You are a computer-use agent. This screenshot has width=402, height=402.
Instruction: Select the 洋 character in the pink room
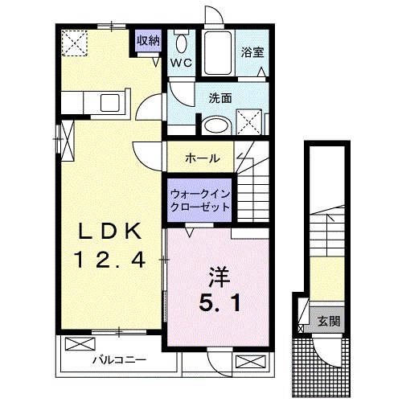click(217, 277)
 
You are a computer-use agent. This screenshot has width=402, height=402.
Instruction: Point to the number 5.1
click(217, 304)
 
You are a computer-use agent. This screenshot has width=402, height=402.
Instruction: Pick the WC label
click(180, 62)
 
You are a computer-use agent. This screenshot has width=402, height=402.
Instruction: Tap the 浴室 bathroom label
click(252, 52)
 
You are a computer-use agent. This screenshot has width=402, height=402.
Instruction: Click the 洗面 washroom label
click(220, 99)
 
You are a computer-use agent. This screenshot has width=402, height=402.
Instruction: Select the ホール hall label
click(201, 158)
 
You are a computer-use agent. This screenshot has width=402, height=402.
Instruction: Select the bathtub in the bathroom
click(218, 54)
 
